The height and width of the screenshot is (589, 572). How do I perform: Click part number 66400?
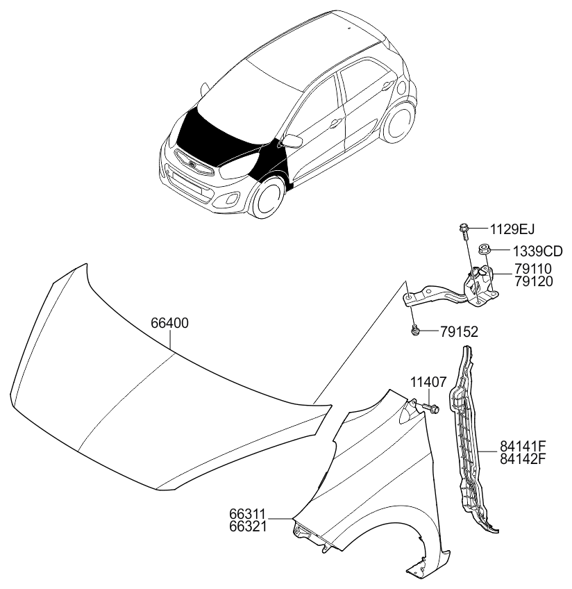(169, 323)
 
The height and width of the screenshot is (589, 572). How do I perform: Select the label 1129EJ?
(512, 229)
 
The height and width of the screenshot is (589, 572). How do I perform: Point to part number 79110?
(533, 269)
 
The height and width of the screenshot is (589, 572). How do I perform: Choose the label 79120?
(533, 281)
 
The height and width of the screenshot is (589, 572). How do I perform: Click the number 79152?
(460, 332)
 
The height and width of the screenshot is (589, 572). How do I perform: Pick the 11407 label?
(428, 383)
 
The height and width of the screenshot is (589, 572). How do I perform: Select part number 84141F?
(523, 446)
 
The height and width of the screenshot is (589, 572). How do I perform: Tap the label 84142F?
(523, 458)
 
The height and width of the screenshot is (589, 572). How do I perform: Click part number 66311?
(248, 513)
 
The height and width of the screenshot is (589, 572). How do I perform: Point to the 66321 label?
(248, 526)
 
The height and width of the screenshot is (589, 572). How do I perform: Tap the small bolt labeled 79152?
(414, 331)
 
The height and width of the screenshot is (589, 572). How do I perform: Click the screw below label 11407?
(430, 408)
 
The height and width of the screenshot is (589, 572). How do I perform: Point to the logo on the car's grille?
(192, 163)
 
